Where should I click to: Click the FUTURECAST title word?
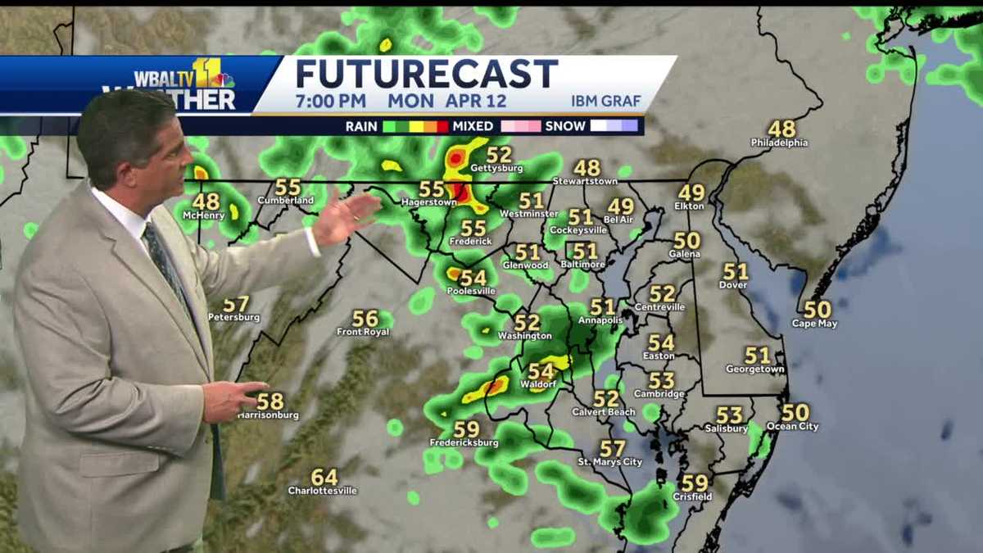click(x=426, y=74)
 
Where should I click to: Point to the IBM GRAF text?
click(x=606, y=102)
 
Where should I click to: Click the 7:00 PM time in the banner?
click(x=333, y=102)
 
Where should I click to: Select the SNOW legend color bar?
click(x=614, y=126)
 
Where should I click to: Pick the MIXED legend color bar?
click(x=520, y=126)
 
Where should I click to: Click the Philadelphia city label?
click(x=779, y=143)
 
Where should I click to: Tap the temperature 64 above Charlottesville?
click(x=324, y=477)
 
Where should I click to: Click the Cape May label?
click(x=814, y=324)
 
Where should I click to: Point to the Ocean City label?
click(x=792, y=427)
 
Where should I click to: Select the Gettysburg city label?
click(x=496, y=169)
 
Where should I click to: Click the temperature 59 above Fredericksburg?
click(x=466, y=429)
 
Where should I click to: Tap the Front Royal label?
click(x=364, y=332)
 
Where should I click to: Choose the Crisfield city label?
click(x=692, y=496)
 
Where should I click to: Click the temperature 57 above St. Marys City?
click(x=612, y=448)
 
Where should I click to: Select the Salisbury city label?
click(x=727, y=428)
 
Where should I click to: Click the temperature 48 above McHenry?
click(x=206, y=201)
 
